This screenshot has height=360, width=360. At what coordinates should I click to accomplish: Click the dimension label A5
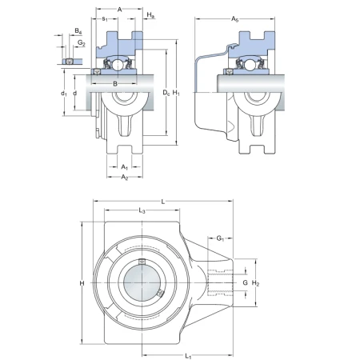pyautogui.click(x=234, y=19)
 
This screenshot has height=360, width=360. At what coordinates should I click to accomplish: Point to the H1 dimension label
pyautogui.click(x=176, y=93)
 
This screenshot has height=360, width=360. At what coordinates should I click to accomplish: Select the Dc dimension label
pyautogui.click(x=166, y=93)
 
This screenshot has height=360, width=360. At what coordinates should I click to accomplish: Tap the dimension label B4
pyautogui.click(x=78, y=31)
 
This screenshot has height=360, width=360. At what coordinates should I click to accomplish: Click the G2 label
pyautogui.click(x=82, y=42)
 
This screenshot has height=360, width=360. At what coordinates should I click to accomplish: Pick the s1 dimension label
pyautogui.click(x=105, y=19)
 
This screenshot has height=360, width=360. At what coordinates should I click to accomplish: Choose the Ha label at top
pyautogui.click(x=150, y=15)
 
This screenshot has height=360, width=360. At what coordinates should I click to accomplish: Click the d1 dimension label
pyautogui.click(x=63, y=94)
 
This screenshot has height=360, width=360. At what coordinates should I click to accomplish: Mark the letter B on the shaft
pyautogui.click(x=115, y=84)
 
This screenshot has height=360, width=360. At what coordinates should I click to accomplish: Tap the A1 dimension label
pyautogui.click(x=125, y=167)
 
